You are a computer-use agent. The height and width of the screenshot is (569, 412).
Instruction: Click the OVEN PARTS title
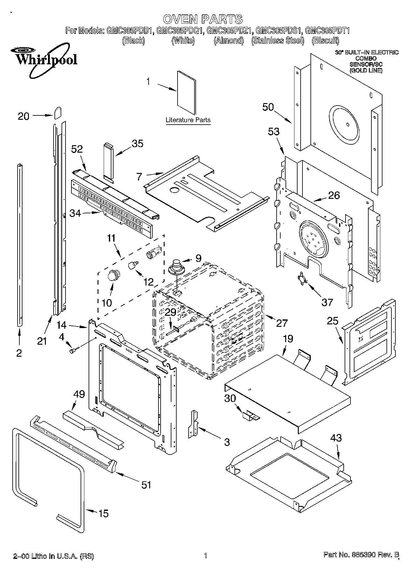click(203, 19)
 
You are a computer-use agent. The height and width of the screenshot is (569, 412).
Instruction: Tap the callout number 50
click(268, 107)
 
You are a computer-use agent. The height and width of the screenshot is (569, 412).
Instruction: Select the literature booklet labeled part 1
click(186, 92)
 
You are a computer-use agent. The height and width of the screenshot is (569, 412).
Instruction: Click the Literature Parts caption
click(188, 120)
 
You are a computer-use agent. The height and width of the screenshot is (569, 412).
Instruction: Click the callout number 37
click(327, 302)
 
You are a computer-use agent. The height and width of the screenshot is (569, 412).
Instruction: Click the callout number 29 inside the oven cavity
click(171, 312)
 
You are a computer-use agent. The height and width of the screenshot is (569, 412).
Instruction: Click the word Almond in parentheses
click(229, 40)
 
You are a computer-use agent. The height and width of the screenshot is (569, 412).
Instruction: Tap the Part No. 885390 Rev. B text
click(361, 555)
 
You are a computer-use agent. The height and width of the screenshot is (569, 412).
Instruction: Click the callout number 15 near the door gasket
click(104, 513)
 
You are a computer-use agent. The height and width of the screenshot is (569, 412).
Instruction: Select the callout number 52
click(77, 149)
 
